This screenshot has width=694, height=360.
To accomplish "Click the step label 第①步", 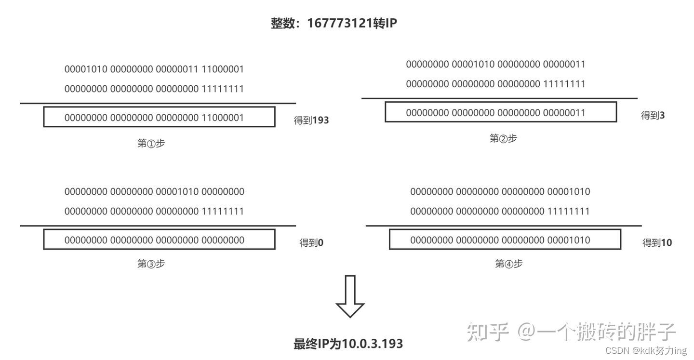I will tap(151, 143).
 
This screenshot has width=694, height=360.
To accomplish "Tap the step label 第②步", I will tap(503, 139).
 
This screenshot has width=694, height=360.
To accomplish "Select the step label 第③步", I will tap(151, 264).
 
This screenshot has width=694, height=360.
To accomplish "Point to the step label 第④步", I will tap(508, 264).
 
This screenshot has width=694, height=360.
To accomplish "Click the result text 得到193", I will tap(311, 120).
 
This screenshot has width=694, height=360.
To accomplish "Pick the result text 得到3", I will tap(653, 115).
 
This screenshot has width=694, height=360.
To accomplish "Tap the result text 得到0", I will tap(311, 243).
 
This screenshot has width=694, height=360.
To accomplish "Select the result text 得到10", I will tap(657, 243).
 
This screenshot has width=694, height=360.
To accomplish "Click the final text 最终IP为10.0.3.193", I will tap(348, 344).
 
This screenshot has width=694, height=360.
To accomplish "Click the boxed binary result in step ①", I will tap(159, 117).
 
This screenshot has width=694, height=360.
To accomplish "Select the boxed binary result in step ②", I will tap(500, 112).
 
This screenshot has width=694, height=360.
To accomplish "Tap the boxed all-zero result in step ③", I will tap(159, 240).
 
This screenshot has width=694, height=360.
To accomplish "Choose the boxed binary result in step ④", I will tap(505, 240).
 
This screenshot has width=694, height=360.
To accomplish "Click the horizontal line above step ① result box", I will tap(158, 103).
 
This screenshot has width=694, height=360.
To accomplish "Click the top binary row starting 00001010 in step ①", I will tap(154, 69).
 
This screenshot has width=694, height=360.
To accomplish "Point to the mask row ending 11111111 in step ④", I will tap(500, 211).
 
